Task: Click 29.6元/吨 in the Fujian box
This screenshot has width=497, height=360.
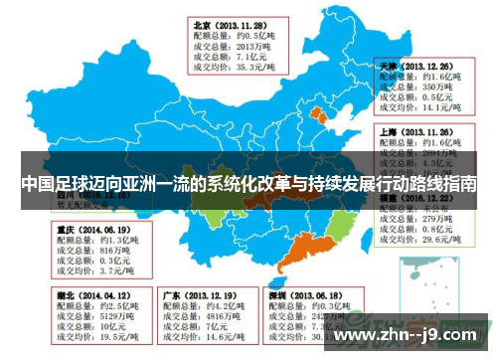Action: tap(442, 240)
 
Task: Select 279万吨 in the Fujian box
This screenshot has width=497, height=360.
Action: tap(438, 217)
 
